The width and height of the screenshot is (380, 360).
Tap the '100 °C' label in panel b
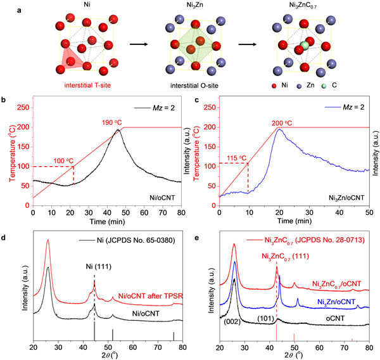coord(52,160)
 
